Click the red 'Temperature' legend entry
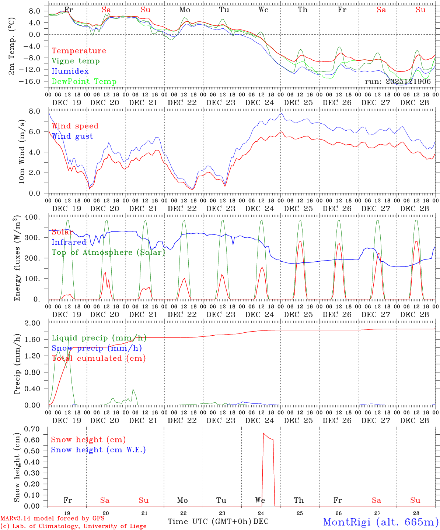pyautogui.click(x=78, y=51)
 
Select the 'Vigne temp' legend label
pyautogui.click(x=76, y=61)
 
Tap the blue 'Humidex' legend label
pyautogui.click(x=70, y=71)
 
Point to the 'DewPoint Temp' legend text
pyautogui.click(x=84, y=82)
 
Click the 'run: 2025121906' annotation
pyautogui.click(x=398, y=82)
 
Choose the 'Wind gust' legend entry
pyautogui.click(x=72, y=136)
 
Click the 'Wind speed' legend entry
pyautogui.click(x=75, y=126)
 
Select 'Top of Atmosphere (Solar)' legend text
pyautogui.click(x=108, y=252)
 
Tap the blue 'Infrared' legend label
pyautogui.click(x=69, y=242)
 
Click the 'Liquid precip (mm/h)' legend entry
pyautogui.click(x=99, y=338)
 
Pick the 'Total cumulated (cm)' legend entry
pyautogui.click(x=98, y=358)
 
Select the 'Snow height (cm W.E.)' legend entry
pyautogui.click(x=98, y=450)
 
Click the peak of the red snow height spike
pyautogui.click(x=263, y=433)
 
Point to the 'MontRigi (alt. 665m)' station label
pyautogui.click(x=381, y=522)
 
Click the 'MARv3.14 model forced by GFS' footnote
pyautogui.click(x=52, y=519)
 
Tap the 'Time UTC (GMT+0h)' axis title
pyautogui.click(x=210, y=522)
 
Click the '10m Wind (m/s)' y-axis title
pyautogui.click(x=22, y=152)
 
